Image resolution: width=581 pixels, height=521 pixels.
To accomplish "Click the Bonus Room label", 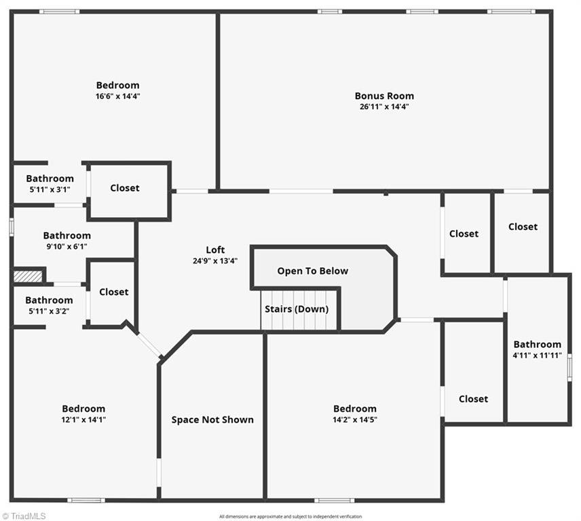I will (384, 96).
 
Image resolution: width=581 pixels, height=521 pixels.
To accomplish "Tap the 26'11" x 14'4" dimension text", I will (384, 107).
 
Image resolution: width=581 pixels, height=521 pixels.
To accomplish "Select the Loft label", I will (215, 250).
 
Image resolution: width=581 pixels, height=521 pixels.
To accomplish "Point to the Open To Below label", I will (312, 271).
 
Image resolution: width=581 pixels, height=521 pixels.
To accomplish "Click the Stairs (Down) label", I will (297, 309).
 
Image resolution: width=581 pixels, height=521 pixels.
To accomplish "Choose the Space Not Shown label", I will (212, 419).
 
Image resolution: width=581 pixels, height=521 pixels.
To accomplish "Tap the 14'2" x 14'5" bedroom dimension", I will (354, 419).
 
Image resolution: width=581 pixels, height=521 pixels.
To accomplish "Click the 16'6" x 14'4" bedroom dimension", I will (117, 96).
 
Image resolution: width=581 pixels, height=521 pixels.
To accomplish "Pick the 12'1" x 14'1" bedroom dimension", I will (83, 419).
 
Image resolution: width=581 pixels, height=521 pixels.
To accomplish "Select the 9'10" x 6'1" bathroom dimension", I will (67, 247).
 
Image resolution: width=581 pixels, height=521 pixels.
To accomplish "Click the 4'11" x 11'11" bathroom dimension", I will (537, 355).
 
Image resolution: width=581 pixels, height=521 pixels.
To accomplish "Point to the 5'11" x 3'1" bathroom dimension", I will (50, 189).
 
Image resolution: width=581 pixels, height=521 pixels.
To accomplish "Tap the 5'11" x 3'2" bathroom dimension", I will (49, 311).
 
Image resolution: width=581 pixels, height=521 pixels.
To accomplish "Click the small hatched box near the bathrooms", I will (28, 276).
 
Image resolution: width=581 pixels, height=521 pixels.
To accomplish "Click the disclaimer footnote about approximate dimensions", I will (290, 516).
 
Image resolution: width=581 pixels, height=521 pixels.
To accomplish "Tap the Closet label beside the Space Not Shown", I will (113, 292).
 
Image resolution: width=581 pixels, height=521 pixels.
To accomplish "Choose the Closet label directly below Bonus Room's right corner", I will (523, 227).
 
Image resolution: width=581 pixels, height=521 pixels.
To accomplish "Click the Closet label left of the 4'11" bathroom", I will (473, 399).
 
